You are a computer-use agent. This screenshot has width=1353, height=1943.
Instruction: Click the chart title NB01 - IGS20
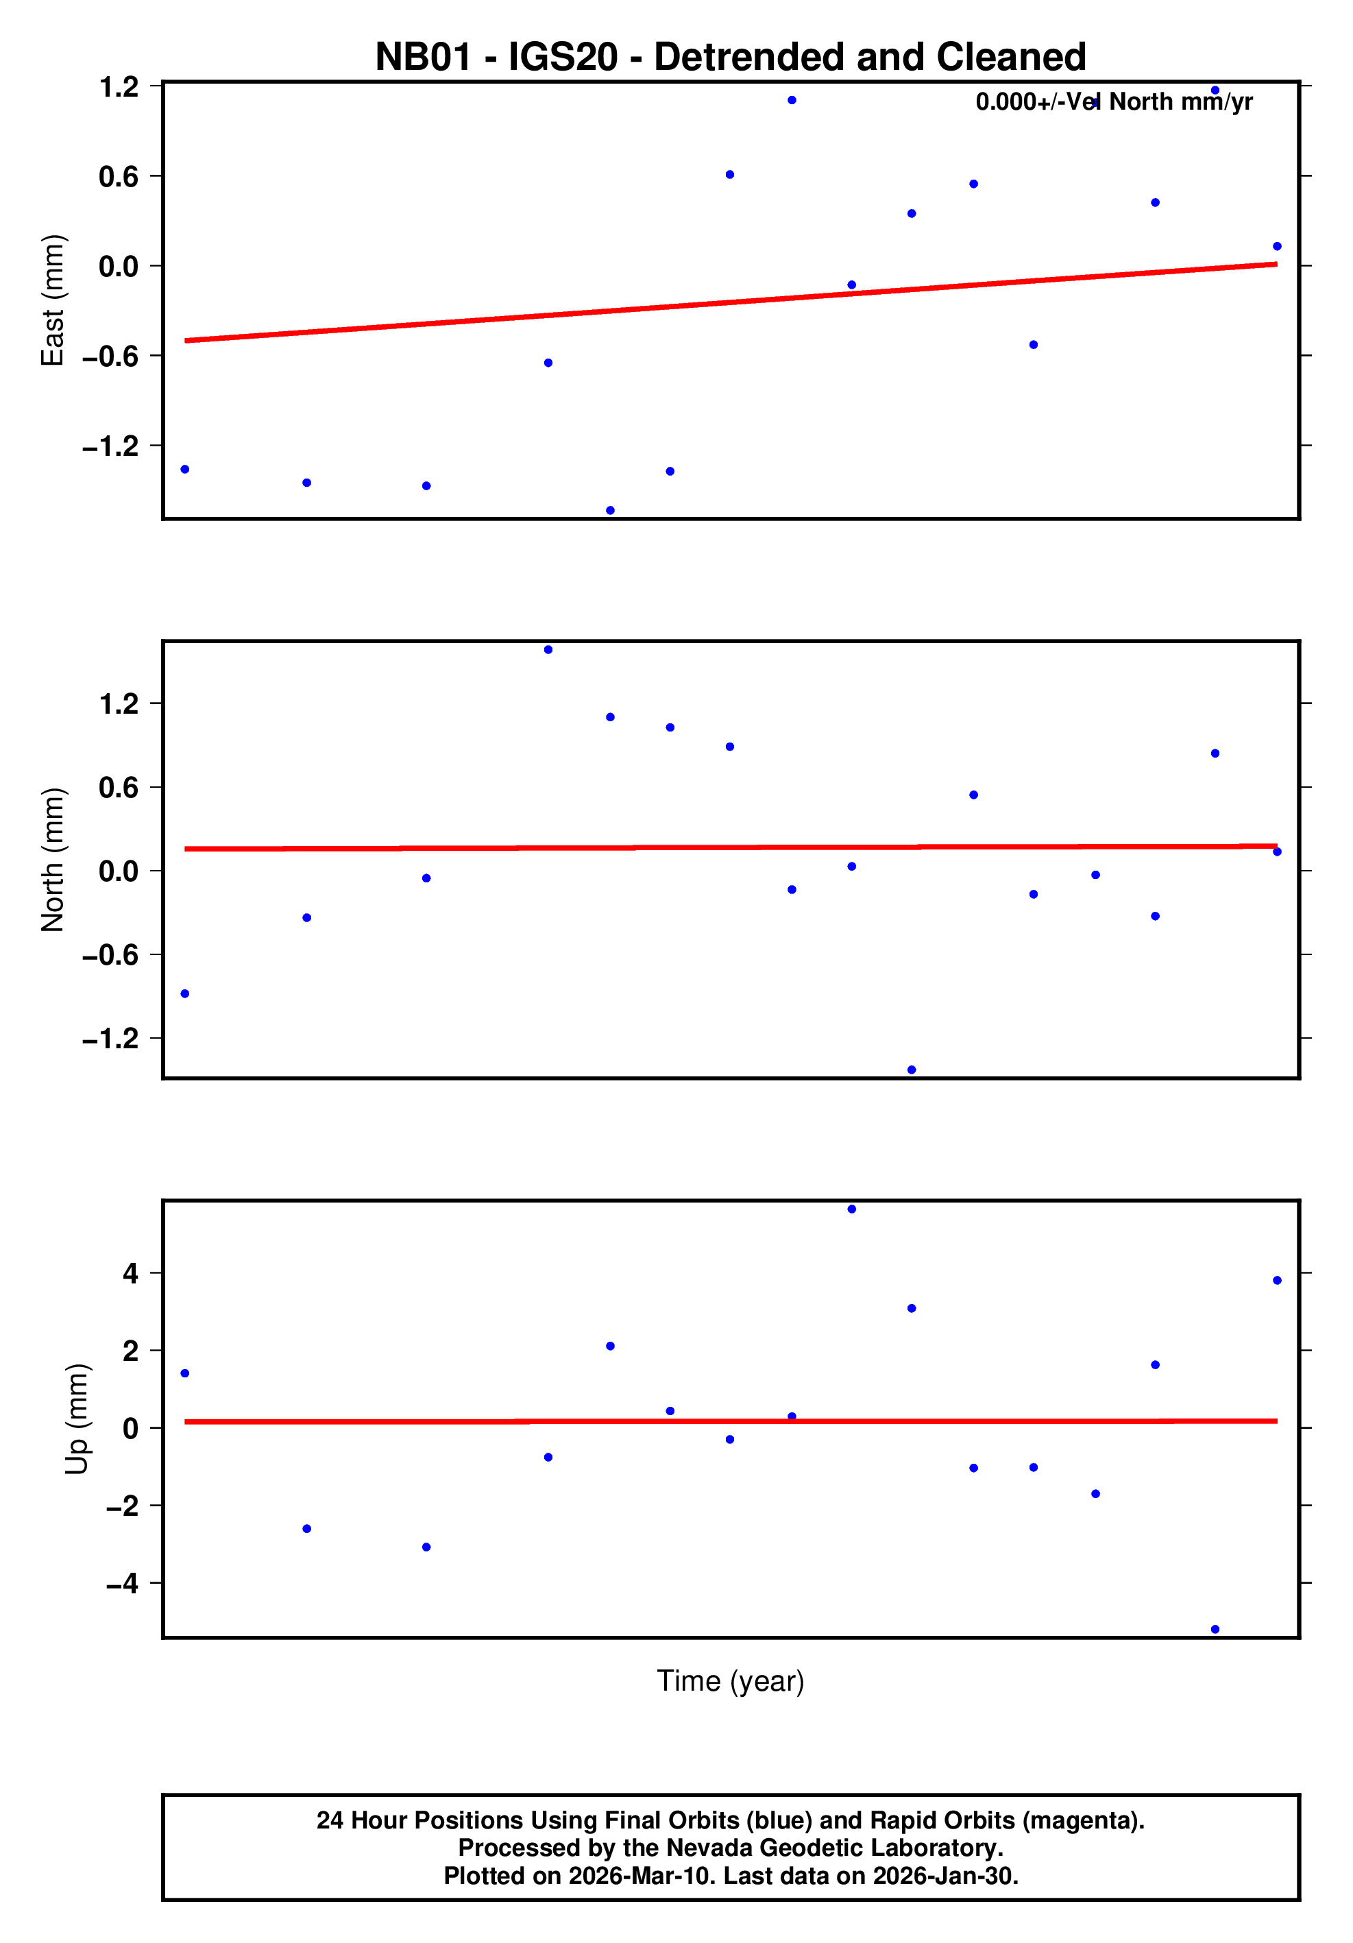(729, 57)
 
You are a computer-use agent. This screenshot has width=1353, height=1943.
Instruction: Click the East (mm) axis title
(53, 300)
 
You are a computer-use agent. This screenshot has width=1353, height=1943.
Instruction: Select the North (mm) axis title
(53, 860)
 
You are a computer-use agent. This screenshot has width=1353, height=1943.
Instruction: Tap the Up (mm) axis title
(76, 1419)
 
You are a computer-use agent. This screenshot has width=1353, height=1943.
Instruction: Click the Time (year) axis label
(729, 1680)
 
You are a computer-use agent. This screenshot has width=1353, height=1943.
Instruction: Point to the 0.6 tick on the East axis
(119, 176)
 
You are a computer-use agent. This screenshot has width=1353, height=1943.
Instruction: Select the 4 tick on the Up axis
(130, 1272)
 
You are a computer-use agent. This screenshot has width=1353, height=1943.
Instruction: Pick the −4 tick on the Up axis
(123, 1582)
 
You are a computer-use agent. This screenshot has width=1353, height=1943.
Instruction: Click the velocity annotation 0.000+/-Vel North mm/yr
(1114, 101)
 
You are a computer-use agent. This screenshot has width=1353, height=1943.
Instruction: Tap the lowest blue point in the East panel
(610, 510)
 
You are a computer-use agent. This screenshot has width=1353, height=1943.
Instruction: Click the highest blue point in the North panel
(548, 650)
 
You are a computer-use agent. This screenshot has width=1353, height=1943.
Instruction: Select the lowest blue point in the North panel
(912, 1070)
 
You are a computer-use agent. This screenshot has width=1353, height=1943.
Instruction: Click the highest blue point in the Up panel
(851, 1209)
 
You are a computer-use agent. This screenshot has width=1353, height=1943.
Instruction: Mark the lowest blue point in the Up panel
(1215, 1629)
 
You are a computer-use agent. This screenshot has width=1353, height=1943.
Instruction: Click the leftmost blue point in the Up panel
(184, 1373)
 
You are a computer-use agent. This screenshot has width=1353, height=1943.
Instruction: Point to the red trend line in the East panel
(729, 302)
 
